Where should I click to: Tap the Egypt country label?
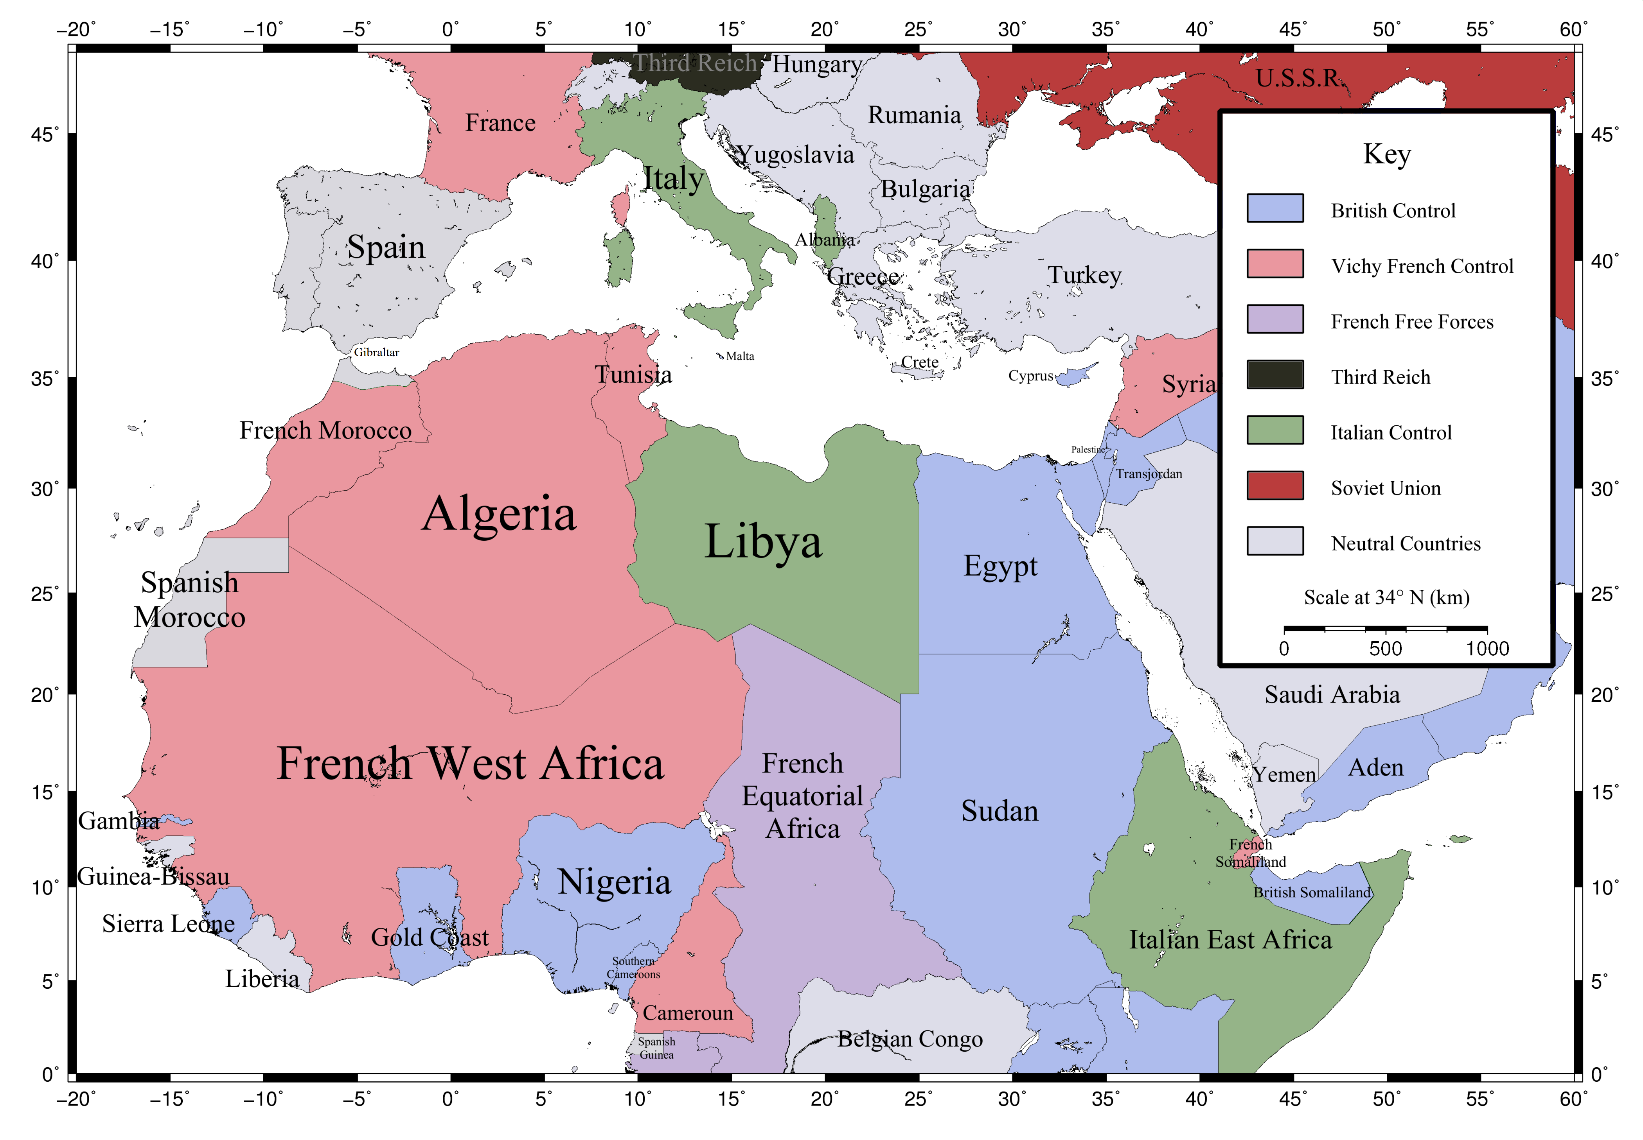tap(1000, 566)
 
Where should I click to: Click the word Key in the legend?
tap(1386, 154)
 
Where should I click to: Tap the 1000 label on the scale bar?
tap(1487, 649)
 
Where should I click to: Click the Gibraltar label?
tap(377, 352)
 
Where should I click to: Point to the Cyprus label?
tap(1030, 376)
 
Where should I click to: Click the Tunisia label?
tap(633, 374)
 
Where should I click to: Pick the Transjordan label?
tap(1149, 473)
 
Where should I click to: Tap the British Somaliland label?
tap(1312, 892)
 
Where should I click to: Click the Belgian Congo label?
tap(910, 1039)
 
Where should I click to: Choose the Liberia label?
tap(262, 979)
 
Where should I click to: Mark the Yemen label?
tap(1284, 774)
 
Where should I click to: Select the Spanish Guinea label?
tap(656, 1048)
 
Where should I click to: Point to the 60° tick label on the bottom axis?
tap(1573, 1099)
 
